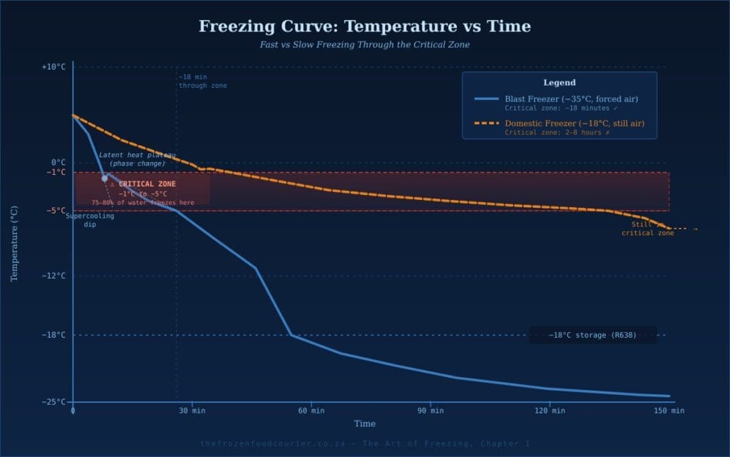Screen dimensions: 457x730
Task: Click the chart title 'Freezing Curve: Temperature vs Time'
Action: (x=364, y=27)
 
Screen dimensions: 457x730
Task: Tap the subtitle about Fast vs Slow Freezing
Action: (x=364, y=44)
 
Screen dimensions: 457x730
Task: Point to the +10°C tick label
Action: (x=53, y=67)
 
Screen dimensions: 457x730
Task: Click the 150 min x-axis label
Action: (x=669, y=411)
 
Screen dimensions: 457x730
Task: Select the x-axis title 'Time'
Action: (x=364, y=423)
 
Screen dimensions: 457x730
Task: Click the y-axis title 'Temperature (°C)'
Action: (x=14, y=243)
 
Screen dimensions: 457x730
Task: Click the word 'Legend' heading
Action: (x=559, y=83)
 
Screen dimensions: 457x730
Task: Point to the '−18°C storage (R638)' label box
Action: (x=592, y=335)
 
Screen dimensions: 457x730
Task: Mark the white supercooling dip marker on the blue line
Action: (x=104, y=179)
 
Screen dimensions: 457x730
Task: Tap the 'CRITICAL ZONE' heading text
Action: (x=147, y=184)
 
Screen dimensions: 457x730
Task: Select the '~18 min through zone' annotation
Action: (x=202, y=81)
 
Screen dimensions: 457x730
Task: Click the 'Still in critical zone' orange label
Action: (x=647, y=228)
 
